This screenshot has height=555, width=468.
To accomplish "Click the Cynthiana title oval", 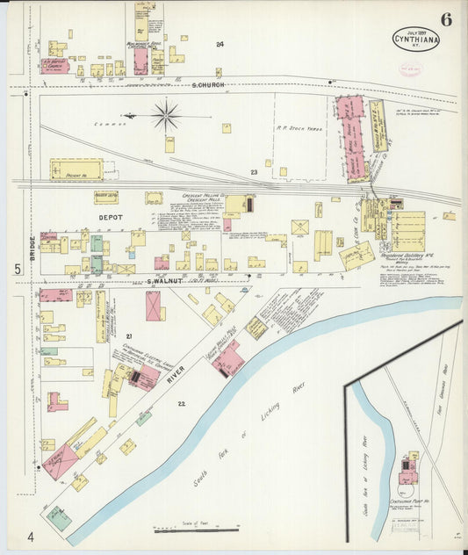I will (x=416, y=40).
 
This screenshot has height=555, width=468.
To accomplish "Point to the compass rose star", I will (x=165, y=114).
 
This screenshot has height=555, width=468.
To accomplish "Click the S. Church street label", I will (x=208, y=84).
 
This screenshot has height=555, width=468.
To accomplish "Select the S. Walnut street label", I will (x=156, y=281).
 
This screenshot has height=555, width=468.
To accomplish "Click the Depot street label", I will (x=111, y=216).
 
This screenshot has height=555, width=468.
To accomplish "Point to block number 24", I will (x=220, y=44).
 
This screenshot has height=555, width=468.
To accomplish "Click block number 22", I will (x=182, y=403).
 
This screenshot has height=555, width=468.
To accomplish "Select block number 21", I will (x=128, y=336).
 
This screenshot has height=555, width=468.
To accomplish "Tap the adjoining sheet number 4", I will (x=29, y=537).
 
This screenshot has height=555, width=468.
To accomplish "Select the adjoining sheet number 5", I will (x=17, y=270).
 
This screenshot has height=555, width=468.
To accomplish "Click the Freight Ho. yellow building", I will (x=76, y=169).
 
